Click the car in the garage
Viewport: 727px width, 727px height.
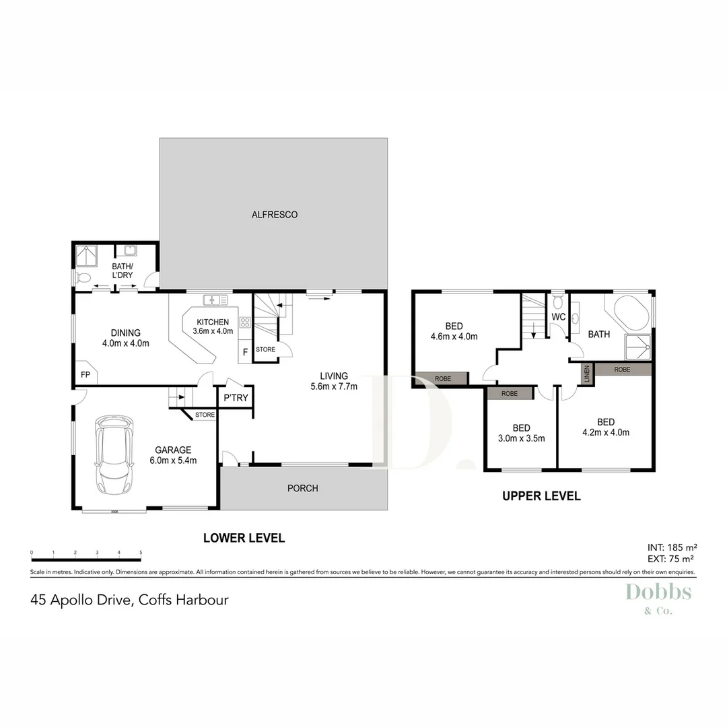[x=115, y=455]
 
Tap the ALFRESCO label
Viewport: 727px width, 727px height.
[x=274, y=215]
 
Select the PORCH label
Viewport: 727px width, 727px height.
[x=302, y=488]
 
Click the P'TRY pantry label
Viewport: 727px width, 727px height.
[x=236, y=398]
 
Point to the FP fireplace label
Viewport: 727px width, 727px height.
[x=85, y=374]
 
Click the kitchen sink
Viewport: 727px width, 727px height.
[x=217, y=300]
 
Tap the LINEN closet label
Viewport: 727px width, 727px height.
[x=587, y=374]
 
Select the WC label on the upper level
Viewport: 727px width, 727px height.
[x=558, y=316]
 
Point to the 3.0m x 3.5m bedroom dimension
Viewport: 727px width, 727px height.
[x=521, y=438]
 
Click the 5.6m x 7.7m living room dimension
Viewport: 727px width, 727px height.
[x=334, y=386]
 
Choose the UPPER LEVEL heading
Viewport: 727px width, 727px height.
[x=541, y=496]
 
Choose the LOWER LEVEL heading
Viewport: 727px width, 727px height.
[x=244, y=538]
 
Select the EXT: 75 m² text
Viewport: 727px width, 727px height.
[x=670, y=559]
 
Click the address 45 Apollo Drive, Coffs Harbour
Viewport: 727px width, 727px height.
[x=129, y=599]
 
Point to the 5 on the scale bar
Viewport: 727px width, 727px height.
[x=141, y=553]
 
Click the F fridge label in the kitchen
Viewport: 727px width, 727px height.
[x=244, y=351]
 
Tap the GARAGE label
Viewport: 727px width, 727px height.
[x=173, y=450]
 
